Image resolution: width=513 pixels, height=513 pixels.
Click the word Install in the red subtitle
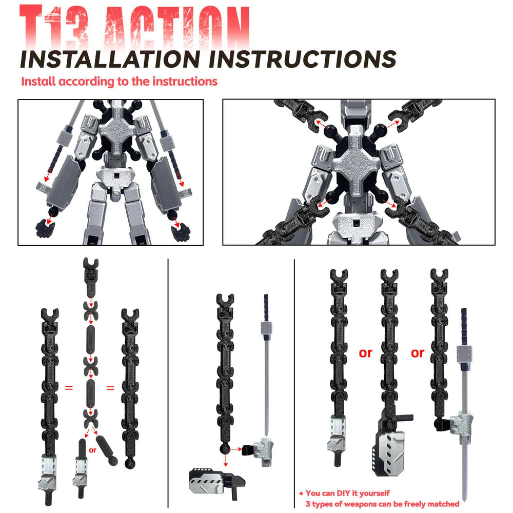[38, 82]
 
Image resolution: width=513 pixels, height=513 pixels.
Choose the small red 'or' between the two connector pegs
[92, 450]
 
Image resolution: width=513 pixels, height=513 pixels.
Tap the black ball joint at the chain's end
[224, 448]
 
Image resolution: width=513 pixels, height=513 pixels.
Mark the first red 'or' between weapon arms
[366, 353]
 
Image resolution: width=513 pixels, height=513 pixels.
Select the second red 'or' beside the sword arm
[418, 353]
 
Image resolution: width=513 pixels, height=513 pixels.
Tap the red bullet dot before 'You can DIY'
[301, 494]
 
